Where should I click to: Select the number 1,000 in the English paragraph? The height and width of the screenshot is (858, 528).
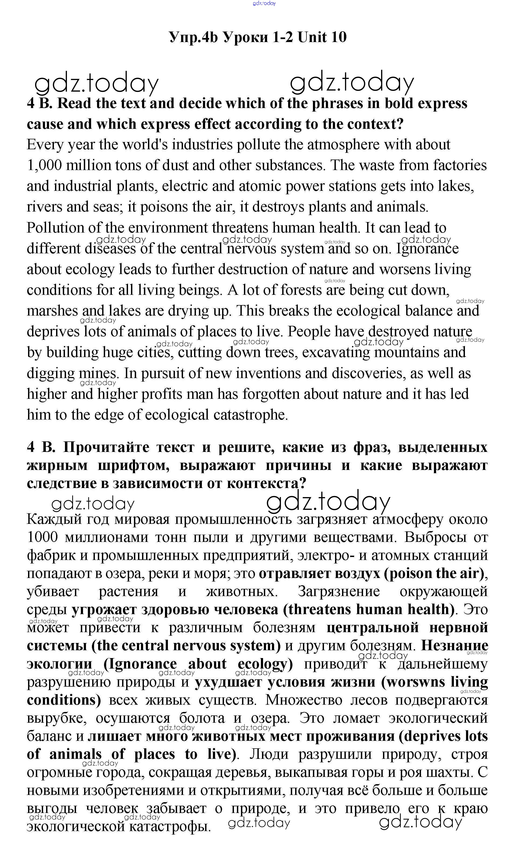click(44, 165)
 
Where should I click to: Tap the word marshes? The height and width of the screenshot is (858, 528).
click(52, 311)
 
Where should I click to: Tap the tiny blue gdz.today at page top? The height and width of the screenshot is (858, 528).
click(264, 3)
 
